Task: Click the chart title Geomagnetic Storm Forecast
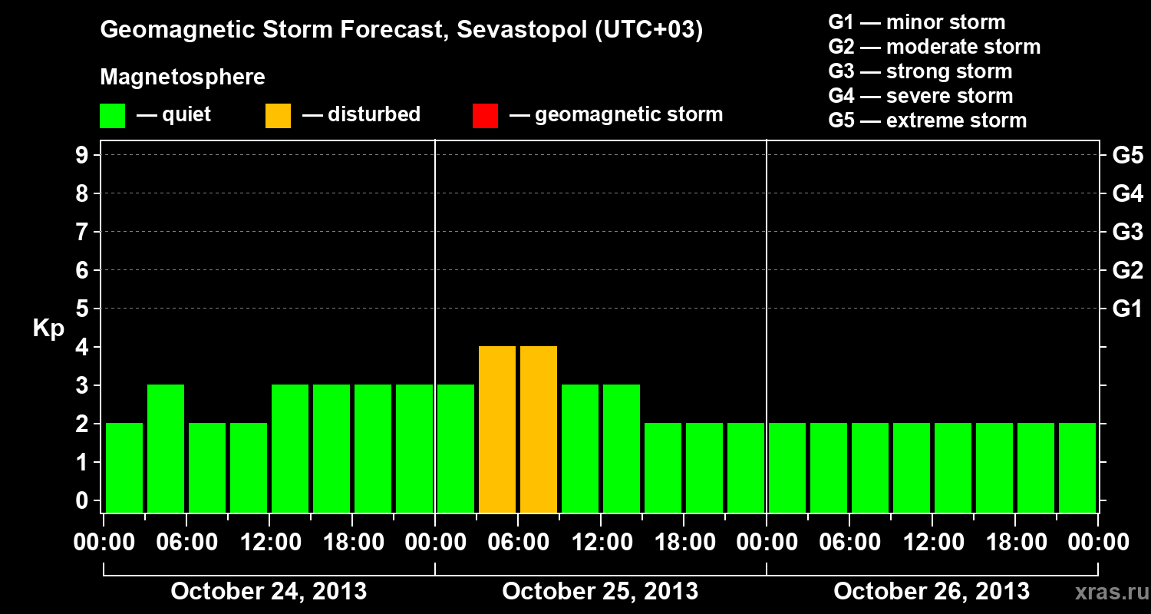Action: coord(401,31)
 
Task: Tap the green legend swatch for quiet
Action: coord(112,116)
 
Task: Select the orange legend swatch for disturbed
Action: coord(278,116)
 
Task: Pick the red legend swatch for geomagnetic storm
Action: coord(485,116)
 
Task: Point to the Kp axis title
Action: coord(48,328)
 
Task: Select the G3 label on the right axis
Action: coord(1127,232)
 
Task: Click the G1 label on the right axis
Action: coord(1127,309)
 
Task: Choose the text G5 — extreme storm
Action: coord(927,120)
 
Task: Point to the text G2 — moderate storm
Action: coord(934,47)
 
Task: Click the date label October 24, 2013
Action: coord(269,591)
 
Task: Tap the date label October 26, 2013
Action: coord(932,591)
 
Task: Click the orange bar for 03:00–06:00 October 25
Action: coord(497,430)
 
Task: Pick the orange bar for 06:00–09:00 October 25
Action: coord(539,430)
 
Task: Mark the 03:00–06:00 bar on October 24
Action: coord(166,449)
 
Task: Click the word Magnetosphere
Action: coord(183,78)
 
